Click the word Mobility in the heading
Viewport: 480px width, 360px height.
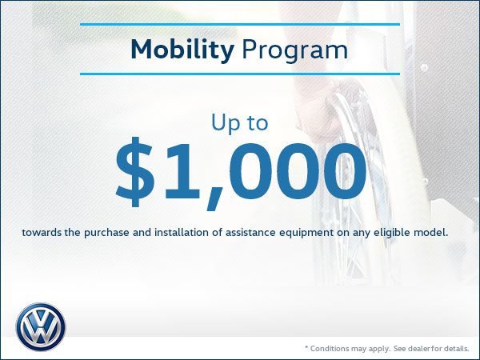[181, 50]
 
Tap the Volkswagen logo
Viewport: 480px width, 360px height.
[40, 326]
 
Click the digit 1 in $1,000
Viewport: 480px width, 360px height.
[186, 171]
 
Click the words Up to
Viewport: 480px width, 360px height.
[240, 122]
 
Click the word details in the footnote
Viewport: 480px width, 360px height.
[453, 349]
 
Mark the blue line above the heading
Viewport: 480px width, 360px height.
[240, 24]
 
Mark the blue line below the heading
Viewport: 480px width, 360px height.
[240, 74]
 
